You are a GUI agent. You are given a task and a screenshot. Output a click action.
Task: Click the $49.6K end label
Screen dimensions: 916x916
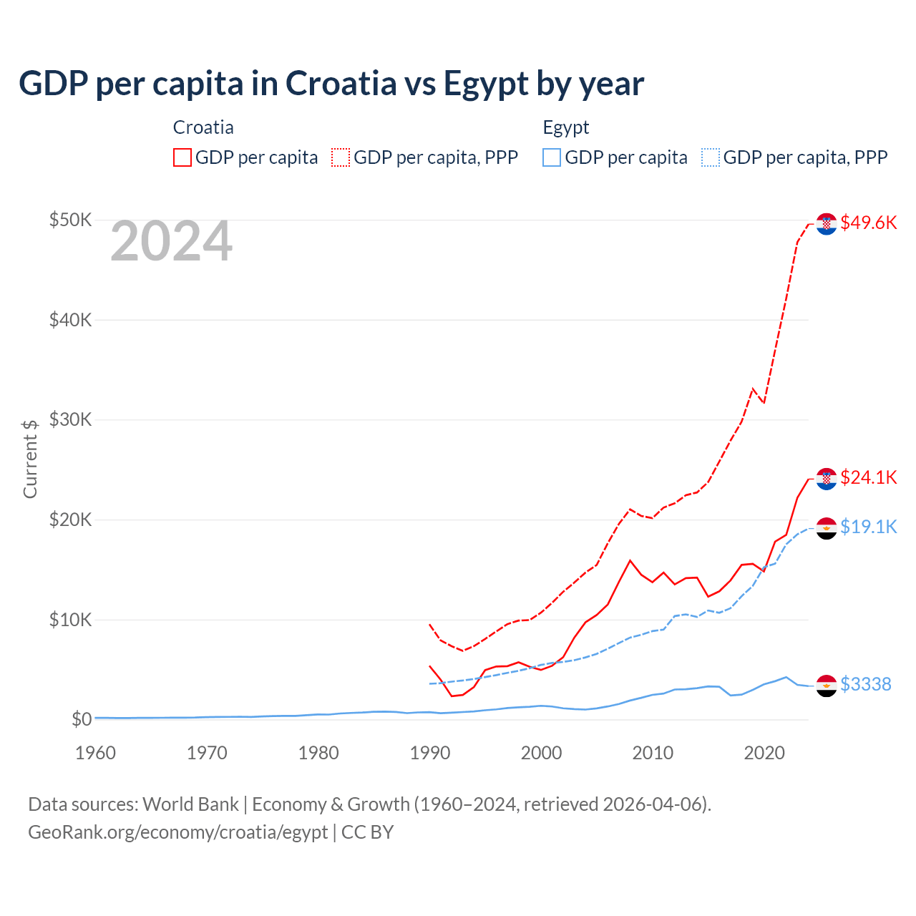868,223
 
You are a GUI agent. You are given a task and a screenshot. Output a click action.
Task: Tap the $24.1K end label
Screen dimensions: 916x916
868,477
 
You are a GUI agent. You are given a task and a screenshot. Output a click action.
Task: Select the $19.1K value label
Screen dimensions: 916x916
868,527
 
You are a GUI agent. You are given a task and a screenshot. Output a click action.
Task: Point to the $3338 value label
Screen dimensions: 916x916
865,684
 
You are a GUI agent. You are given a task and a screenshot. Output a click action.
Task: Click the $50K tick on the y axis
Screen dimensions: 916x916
70,220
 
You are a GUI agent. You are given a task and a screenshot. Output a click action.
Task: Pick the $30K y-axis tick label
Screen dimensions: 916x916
70,419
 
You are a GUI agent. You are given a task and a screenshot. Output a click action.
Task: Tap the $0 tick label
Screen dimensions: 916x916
81,719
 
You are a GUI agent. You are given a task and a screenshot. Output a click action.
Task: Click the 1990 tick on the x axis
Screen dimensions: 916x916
430,753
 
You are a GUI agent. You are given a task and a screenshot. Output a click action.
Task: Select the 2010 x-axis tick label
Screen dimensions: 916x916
653,753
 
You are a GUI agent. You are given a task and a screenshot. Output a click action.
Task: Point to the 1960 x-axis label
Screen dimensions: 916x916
95,753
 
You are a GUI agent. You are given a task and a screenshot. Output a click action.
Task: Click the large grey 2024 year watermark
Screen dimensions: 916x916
171,242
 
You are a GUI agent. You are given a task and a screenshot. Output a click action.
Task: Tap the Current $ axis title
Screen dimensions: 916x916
29,458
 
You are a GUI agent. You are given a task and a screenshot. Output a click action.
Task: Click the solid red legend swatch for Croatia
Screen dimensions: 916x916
182,157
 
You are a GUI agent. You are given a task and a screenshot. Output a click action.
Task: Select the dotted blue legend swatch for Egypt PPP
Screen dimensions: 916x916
711,157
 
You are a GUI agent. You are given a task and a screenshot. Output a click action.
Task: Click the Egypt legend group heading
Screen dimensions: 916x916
565,127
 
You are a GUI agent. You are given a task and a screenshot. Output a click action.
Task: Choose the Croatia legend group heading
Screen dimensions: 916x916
203,127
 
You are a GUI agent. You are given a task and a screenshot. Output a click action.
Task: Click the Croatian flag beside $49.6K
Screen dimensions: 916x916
827,224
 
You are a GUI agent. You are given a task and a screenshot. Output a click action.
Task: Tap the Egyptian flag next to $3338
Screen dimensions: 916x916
827,686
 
